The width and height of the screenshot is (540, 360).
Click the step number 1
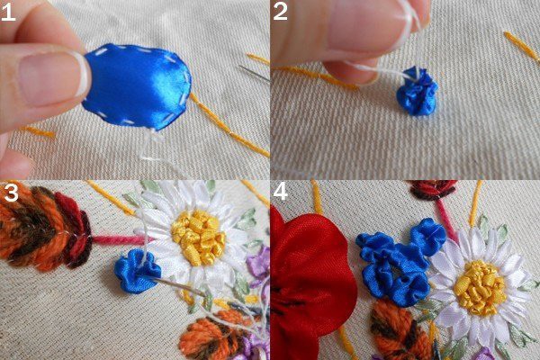[7, 13]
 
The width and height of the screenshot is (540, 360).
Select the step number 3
[11, 193]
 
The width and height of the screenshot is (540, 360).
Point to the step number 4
[280, 192]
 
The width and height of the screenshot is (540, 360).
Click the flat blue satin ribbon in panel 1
[137, 86]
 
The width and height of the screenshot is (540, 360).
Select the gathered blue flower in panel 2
[417, 91]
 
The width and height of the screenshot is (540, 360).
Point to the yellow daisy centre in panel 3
[199, 238]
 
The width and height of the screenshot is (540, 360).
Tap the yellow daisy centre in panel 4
[480, 288]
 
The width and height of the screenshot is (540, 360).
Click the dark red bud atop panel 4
[432, 188]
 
